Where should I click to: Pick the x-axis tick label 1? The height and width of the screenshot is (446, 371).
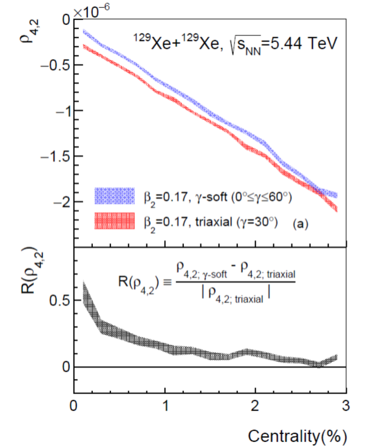pos(165,405)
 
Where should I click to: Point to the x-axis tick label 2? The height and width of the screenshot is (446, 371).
pos(255,405)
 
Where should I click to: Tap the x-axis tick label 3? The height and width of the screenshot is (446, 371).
pos(345,405)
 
